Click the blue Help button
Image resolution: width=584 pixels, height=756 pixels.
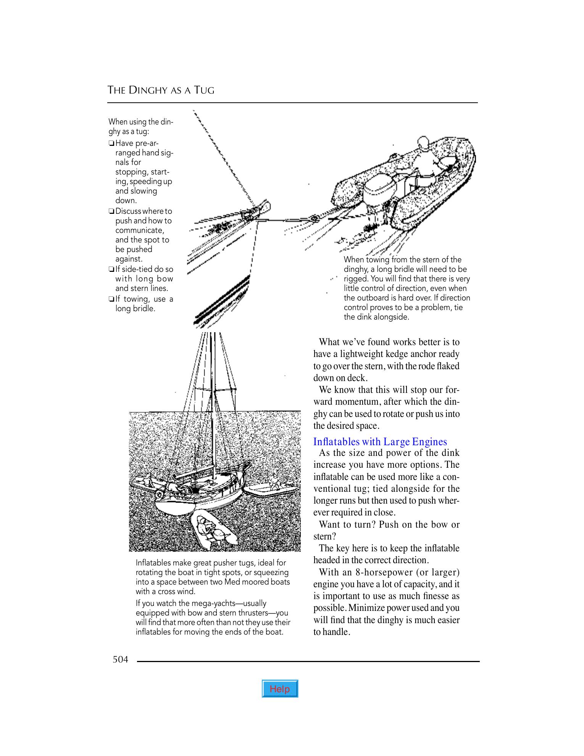[x=280, y=689]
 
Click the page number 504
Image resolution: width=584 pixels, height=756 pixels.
[x=120, y=659]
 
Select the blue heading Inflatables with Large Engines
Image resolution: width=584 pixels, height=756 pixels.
[x=380, y=442]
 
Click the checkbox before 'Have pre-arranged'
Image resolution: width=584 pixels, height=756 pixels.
[x=111, y=144]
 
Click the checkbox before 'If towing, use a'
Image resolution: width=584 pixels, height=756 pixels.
[x=111, y=299]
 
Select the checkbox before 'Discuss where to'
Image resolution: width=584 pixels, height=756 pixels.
[x=111, y=212]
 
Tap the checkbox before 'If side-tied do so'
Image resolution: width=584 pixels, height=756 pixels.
[x=111, y=270]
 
